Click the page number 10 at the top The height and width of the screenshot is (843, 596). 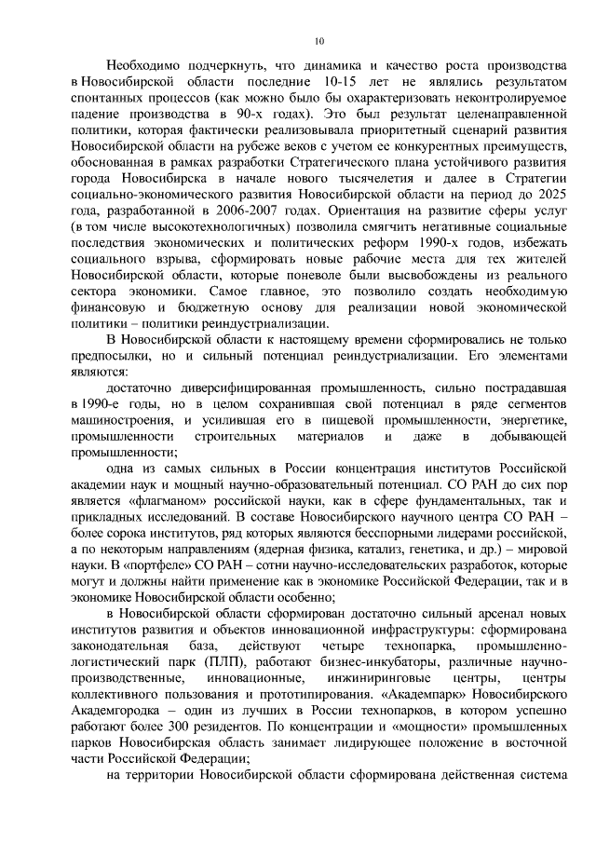point(318,41)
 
